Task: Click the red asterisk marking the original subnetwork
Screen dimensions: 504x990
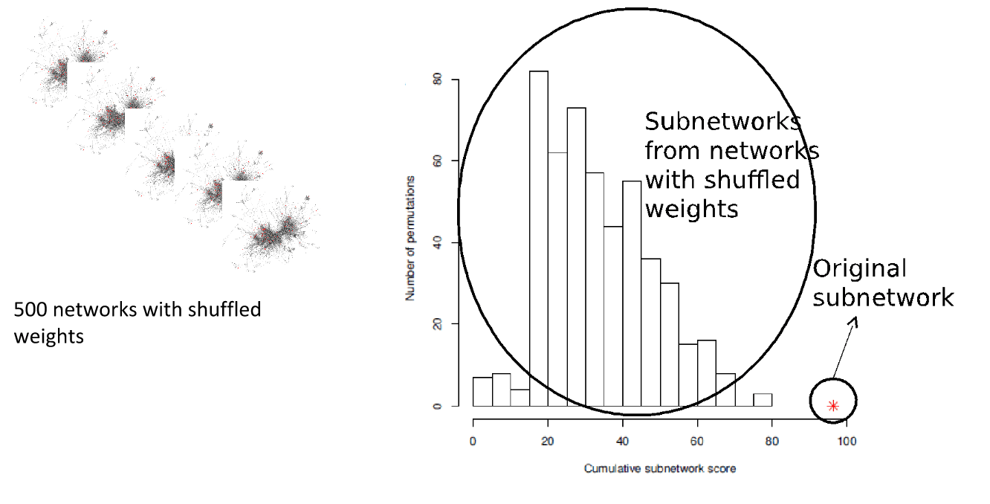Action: (x=833, y=406)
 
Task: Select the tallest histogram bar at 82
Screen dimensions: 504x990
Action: (x=538, y=238)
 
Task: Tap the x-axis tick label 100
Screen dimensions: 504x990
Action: (x=847, y=441)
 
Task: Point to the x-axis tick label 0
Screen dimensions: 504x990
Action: (x=473, y=441)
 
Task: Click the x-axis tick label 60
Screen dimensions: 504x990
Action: (x=697, y=441)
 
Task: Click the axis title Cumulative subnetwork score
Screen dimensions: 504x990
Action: (x=659, y=469)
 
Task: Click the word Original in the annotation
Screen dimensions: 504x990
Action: (x=860, y=269)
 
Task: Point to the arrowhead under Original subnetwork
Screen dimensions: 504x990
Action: (x=852, y=322)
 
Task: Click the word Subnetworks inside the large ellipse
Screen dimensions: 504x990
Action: (x=721, y=122)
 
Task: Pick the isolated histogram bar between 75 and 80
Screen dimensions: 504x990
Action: (x=763, y=399)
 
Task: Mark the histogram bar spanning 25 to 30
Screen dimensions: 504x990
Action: (x=576, y=256)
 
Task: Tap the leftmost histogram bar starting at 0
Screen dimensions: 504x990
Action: (x=482, y=392)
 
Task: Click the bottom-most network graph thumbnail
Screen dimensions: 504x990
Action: (x=275, y=230)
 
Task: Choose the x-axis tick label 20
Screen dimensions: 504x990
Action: (x=548, y=441)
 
